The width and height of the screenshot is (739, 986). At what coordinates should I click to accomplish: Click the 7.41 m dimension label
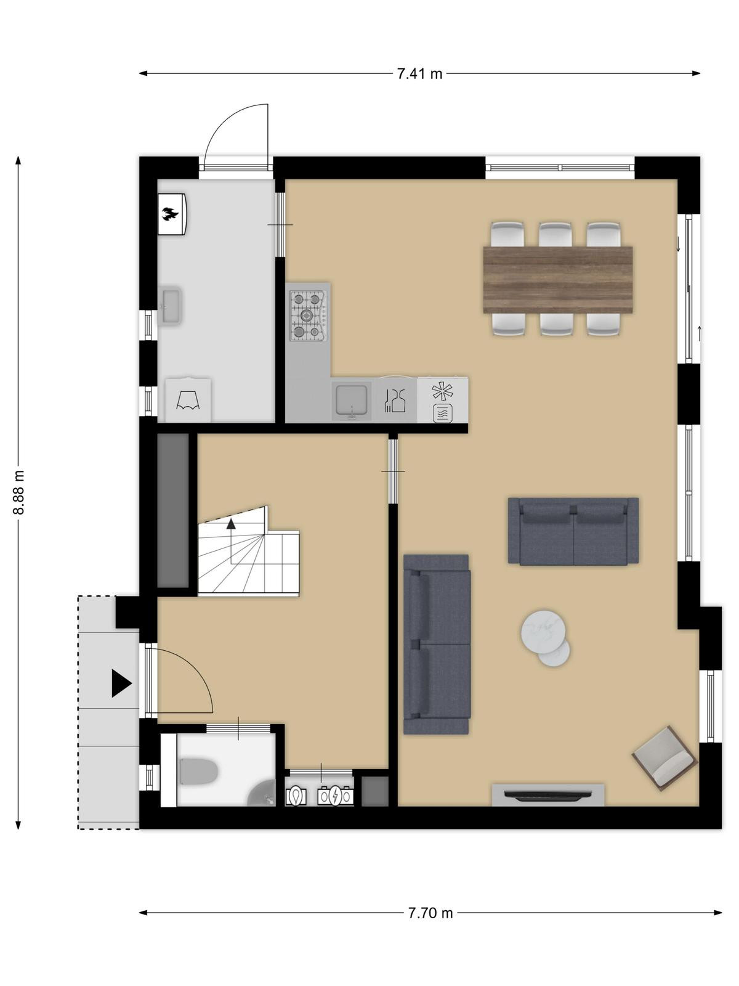[x=419, y=74]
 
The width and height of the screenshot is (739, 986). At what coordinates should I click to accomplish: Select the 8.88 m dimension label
[x=19, y=492]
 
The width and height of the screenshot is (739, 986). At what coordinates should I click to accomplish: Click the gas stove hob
[x=309, y=315]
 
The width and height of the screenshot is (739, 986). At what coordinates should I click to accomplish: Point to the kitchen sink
[x=352, y=400]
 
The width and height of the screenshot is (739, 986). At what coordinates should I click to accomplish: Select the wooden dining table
[x=558, y=279]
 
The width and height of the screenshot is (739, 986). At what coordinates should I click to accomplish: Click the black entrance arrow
[x=121, y=683]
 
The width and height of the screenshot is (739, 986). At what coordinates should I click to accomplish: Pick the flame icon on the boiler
[x=171, y=213]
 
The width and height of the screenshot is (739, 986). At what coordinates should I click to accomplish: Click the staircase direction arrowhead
[x=231, y=523]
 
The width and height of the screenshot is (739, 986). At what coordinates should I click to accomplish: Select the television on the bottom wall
[x=548, y=795]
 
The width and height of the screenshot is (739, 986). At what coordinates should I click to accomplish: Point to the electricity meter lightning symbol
[x=335, y=796]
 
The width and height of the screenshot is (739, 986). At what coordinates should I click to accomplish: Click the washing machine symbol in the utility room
[x=188, y=400]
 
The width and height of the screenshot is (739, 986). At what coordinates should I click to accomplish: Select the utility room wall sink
[x=170, y=306]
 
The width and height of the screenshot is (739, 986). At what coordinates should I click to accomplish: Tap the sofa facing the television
[x=573, y=531]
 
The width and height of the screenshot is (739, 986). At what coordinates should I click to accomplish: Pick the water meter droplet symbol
[x=296, y=796]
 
